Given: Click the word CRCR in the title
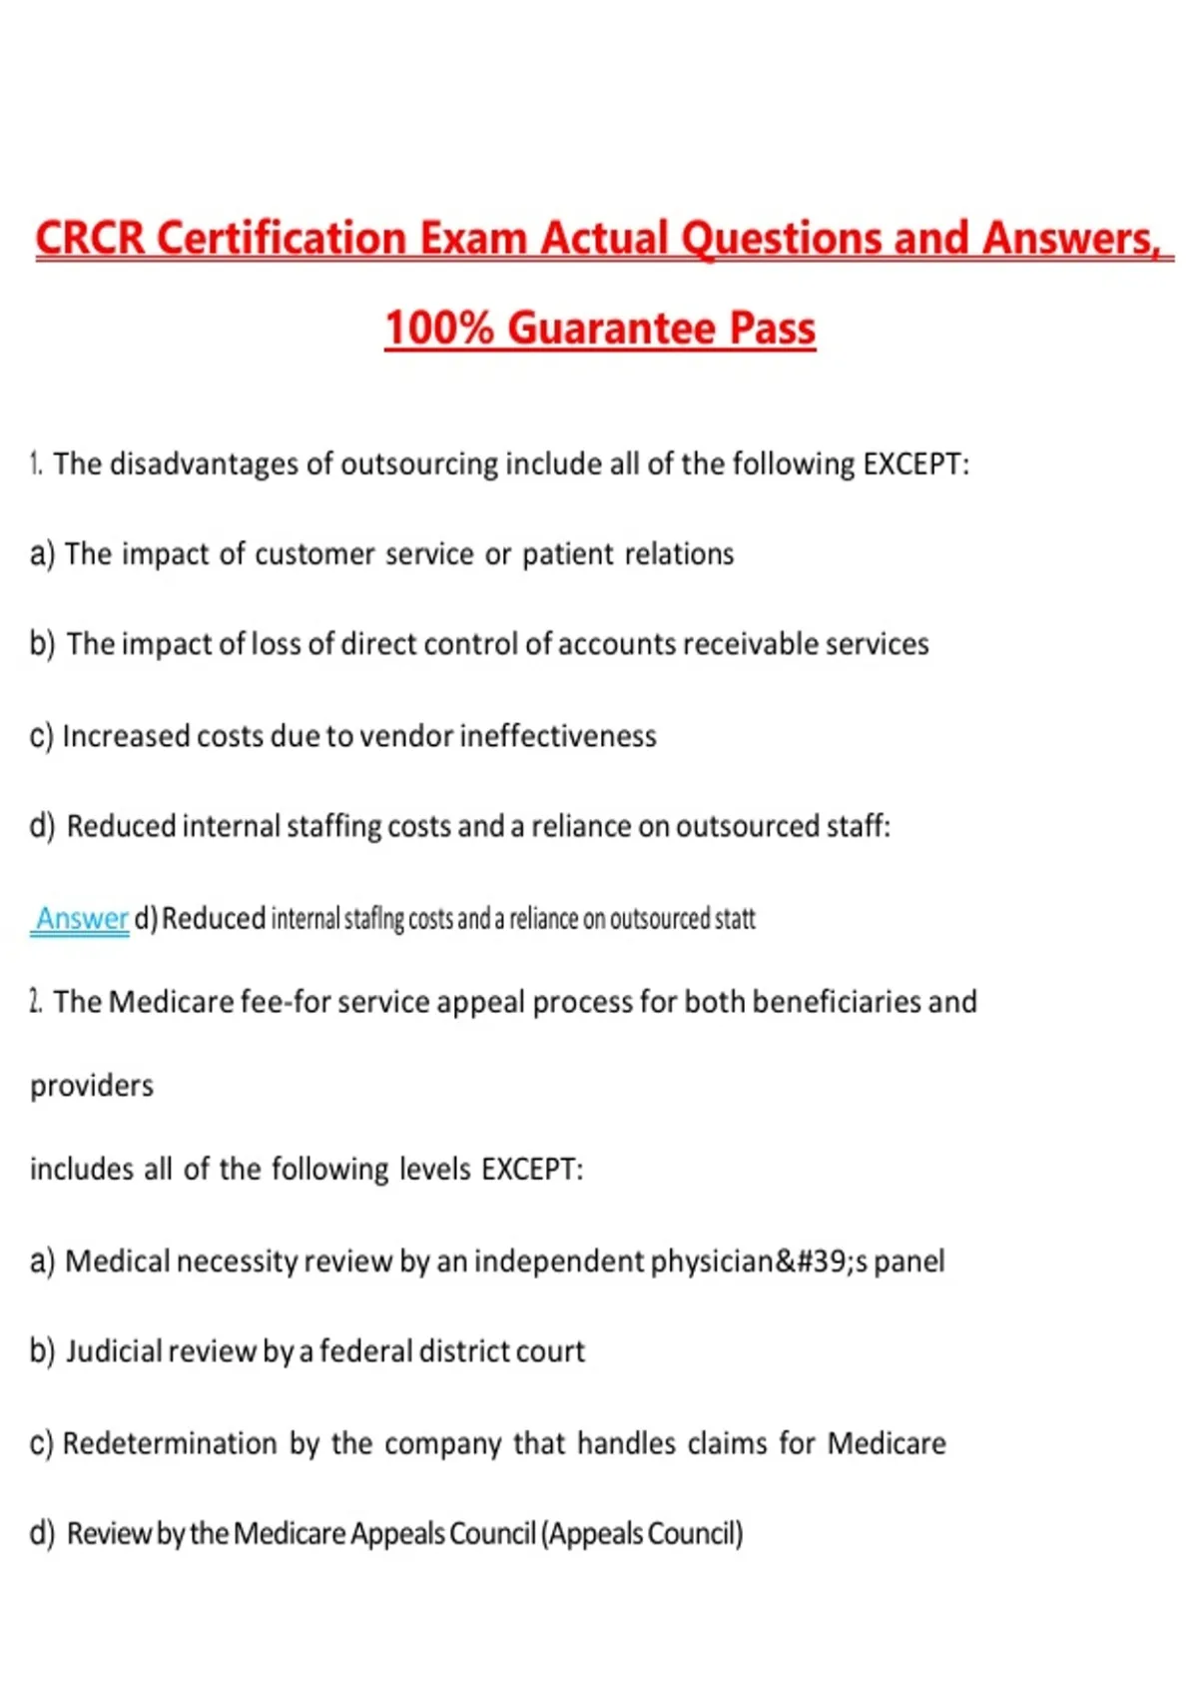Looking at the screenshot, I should [x=91, y=239].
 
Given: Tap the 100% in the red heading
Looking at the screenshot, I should [x=438, y=329].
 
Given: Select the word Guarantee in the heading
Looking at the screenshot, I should [x=612, y=329].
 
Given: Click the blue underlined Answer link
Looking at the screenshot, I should [x=82, y=918].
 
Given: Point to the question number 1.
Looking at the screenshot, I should [x=36, y=464].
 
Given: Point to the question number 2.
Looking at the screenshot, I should [x=36, y=1002].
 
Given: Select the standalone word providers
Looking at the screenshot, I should [x=92, y=1086].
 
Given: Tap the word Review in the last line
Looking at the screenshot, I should [x=108, y=1533].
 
